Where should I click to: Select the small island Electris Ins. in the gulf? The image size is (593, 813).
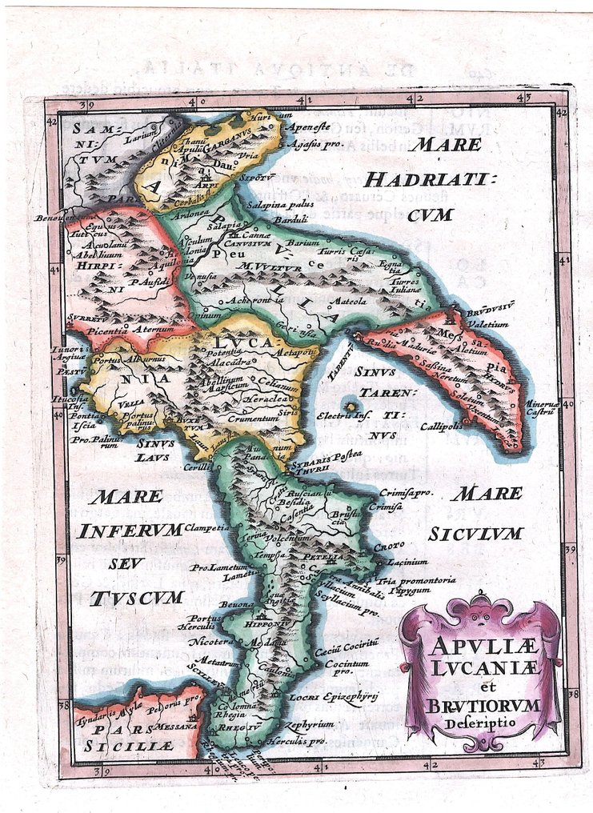coord(349,406)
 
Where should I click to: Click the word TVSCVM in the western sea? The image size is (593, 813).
coord(137,597)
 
